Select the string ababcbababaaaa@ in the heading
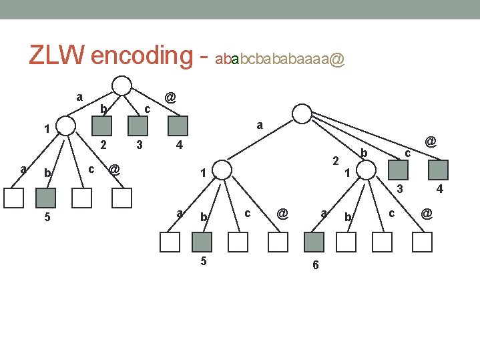[280, 60]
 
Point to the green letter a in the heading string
[234, 60]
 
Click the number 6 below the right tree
[316, 265]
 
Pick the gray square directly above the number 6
[314, 242]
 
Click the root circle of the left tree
[122, 86]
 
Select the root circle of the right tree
[302, 114]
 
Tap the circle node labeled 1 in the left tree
[65, 126]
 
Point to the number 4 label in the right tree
[439, 189]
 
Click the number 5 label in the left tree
[45, 217]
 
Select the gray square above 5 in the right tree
[202, 242]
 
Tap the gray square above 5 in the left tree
[45, 198]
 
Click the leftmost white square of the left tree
[13, 198]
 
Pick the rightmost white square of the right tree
[423, 242]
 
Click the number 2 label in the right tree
[336, 160]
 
